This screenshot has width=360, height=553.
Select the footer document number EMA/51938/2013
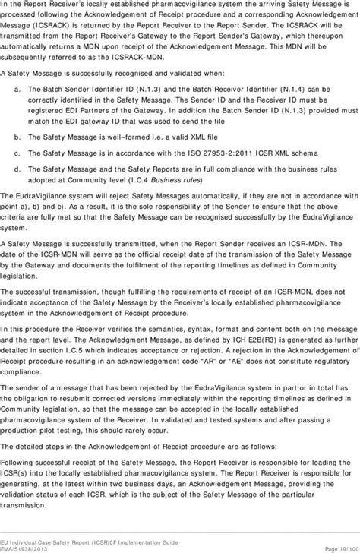tap(30, 546)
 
